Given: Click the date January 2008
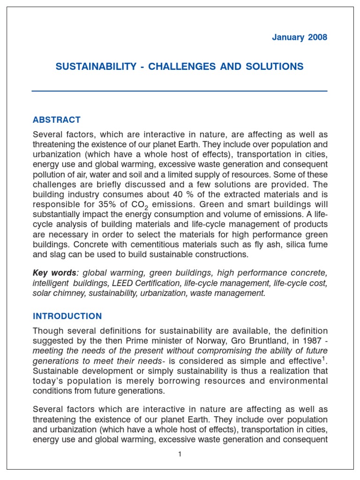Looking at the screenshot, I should click(300, 38).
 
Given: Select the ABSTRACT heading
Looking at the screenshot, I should click(56, 120).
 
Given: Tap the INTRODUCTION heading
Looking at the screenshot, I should click(67, 316).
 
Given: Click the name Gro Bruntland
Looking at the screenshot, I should click(247, 341).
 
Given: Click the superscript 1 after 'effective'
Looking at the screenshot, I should click(324, 358).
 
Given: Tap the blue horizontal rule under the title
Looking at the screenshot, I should click(180, 90).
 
